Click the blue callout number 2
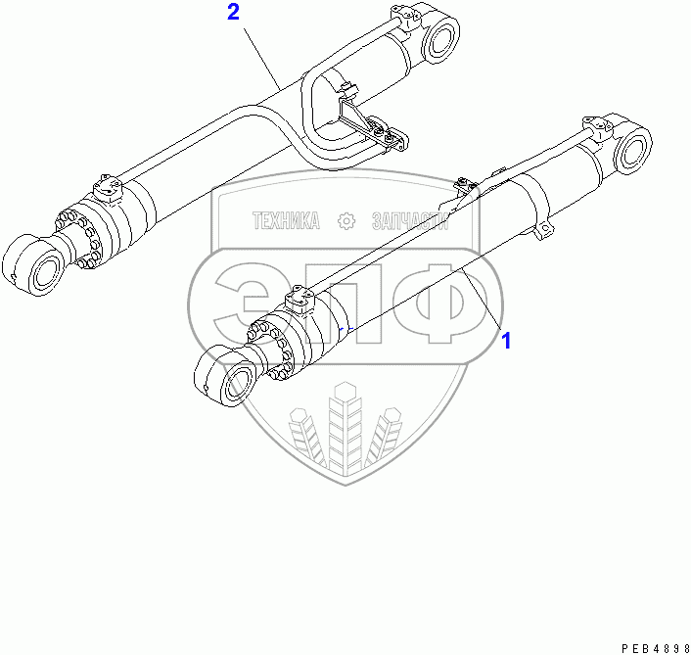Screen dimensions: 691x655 [233, 13]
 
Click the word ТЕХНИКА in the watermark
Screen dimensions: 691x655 [287, 221]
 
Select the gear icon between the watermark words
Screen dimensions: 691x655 [345, 221]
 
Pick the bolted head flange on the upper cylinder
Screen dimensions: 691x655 [81, 235]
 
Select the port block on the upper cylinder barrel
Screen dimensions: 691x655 [106, 186]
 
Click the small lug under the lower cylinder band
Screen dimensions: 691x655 [544, 231]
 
